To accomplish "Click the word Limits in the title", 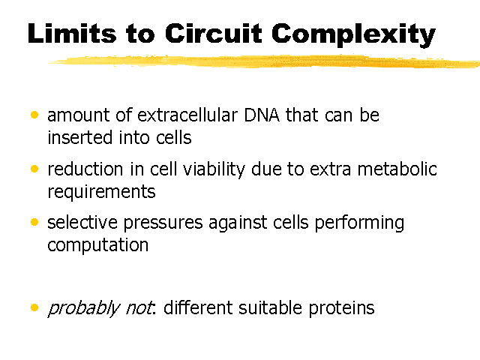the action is point(72,33).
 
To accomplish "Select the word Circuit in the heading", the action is point(214,33).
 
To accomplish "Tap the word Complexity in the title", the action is point(353,35).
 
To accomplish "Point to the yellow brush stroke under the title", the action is point(264,61).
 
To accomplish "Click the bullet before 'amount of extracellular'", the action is point(34,115).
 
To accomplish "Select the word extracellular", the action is point(187,115).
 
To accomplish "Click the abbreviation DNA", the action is point(262,115).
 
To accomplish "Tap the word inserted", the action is point(80,137).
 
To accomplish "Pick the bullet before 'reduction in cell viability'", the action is point(34,169).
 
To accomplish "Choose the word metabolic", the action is point(397,169).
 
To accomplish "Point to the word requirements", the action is point(102,193).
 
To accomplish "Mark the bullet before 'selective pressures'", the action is point(34,222).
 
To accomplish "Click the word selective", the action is point(82,222).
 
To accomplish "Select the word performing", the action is point(359,223).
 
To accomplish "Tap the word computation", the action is point(98,245).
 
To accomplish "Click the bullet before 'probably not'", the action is point(34,307).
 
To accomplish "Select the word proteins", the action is point(341,308).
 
